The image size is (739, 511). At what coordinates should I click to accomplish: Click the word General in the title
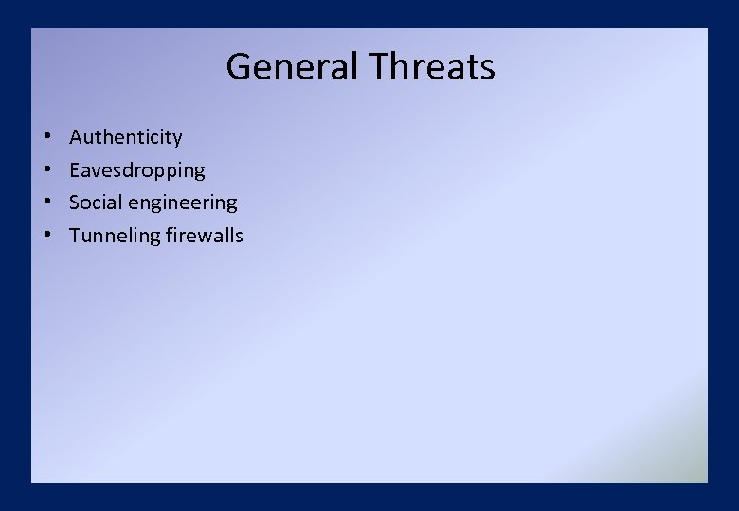pos(292,67)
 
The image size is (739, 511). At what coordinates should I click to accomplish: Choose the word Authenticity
pos(125,138)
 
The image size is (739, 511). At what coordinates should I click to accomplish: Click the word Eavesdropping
pos(136,171)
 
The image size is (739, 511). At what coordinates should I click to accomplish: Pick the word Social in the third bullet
pos(93,203)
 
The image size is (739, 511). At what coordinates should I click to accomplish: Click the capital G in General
pos(238,67)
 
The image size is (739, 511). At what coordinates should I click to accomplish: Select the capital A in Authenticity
pos(76,137)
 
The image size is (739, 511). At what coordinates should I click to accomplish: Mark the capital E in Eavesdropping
pos(75,170)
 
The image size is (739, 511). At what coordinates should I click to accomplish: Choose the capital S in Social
pos(75,203)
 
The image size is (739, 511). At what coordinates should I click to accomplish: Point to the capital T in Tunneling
pos(75,236)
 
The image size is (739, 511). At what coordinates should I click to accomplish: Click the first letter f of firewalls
pos(169,235)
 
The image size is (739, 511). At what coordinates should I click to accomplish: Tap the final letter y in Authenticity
pos(177,140)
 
